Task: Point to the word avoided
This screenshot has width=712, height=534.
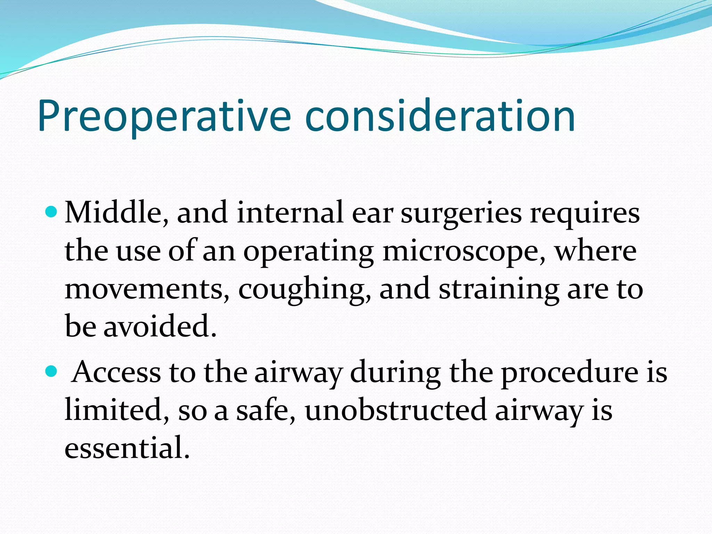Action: (x=160, y=327)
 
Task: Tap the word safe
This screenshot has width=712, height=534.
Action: (x=266, y=410)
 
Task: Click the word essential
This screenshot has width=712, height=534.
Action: (x=127, y=448)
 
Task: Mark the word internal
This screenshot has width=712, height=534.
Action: (x=291, y=213)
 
